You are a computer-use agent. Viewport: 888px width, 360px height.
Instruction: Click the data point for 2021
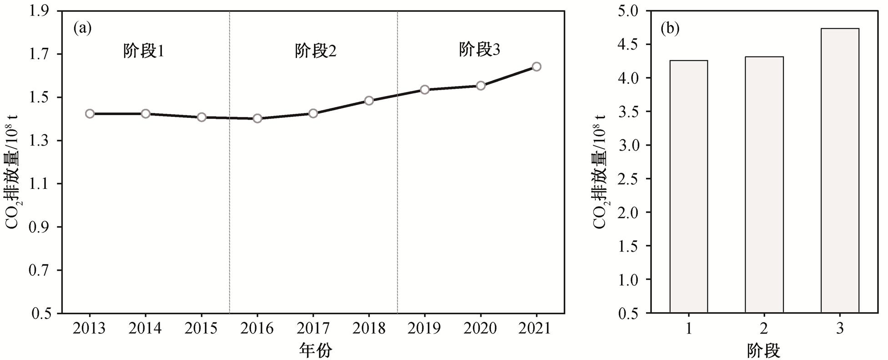[x=536, y=67]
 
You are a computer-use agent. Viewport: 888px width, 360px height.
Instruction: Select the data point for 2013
[x=90, y=114]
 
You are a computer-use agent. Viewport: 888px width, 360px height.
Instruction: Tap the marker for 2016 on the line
[x=257, y=118]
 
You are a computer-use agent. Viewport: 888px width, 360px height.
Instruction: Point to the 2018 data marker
[x=369, y=101]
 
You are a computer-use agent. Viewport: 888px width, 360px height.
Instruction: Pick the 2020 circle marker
[x=480, y=86]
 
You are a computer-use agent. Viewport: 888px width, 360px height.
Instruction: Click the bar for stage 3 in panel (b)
[x=840, y=171]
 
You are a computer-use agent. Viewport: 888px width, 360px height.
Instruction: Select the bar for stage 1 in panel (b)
[x=688, y=187]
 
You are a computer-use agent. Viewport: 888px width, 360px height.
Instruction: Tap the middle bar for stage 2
[x=764, y=185]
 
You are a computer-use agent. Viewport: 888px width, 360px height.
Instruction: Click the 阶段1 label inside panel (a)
[x=144, y=51]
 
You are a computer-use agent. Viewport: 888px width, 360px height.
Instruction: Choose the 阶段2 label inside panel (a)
[x=316, y=51]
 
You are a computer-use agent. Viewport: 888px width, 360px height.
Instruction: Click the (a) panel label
[x=82, y=29]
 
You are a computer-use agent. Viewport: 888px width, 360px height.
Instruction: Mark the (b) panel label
[x=670, y=29]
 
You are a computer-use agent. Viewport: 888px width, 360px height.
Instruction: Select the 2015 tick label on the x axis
[x=201, y=328]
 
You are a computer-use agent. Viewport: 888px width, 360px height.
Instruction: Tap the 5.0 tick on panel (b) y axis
[x=629, y=11]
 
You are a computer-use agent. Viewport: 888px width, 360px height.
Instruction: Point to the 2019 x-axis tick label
[x=424, y=328]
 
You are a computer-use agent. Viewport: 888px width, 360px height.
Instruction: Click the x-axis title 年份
[x=315, y=350]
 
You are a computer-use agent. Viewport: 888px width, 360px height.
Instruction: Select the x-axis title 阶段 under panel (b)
[x=763, y=350]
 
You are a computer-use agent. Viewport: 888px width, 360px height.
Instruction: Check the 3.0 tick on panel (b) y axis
[x=629, y=145]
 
